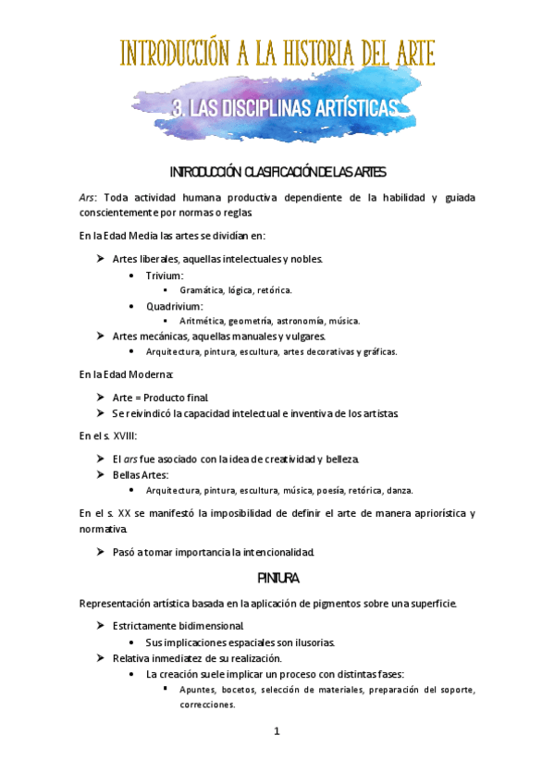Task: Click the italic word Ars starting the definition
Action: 89,197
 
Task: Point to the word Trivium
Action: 164,276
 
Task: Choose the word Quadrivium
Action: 174,306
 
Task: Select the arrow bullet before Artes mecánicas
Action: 101,336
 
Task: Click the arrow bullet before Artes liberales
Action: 101,260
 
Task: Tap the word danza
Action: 399,490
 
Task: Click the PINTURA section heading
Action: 277,579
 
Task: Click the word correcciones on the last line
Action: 207,704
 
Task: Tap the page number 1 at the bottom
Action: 276,731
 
